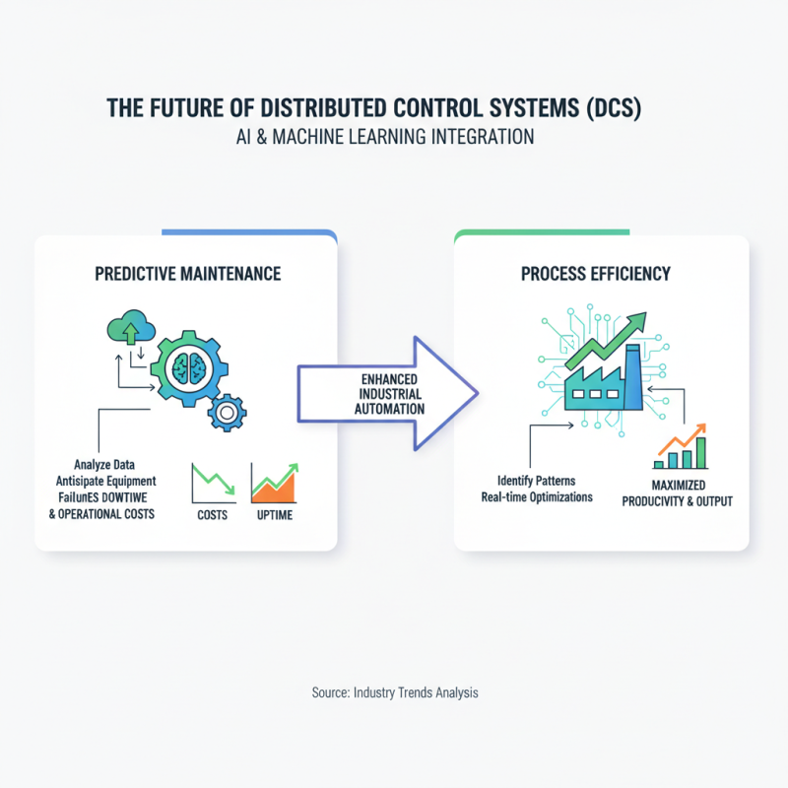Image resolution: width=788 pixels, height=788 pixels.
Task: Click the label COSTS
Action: (213, 515)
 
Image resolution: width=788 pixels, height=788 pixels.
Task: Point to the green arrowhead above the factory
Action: (636, 321)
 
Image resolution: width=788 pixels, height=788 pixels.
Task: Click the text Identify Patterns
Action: (537, 480)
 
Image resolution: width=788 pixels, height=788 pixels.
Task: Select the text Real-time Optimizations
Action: (537, 496)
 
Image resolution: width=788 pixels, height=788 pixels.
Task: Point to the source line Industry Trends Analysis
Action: (394, 692)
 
